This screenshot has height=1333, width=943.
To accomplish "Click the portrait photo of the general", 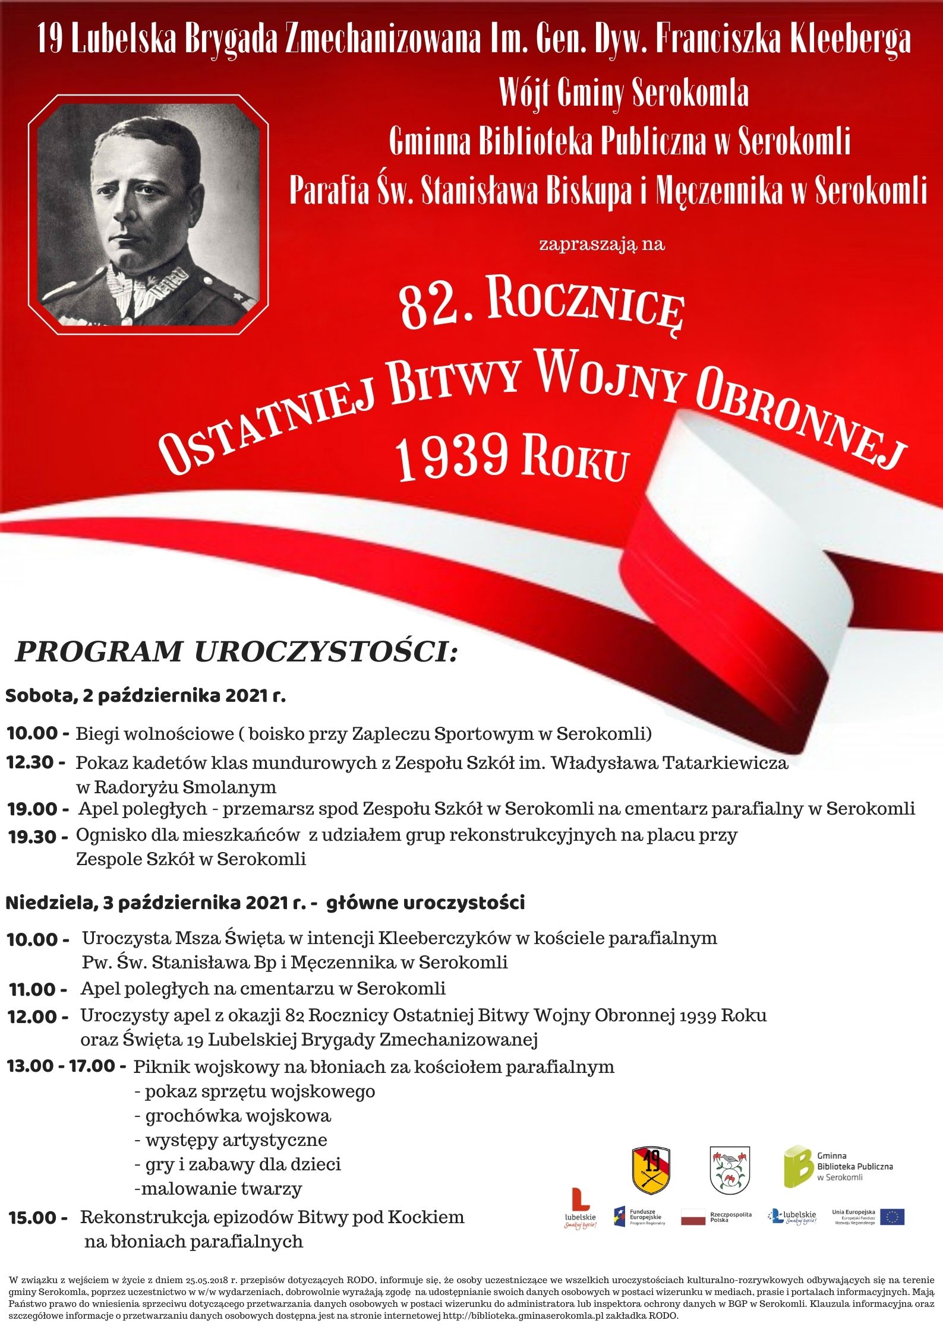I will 148,215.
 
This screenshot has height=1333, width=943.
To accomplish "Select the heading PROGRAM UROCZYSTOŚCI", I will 236,651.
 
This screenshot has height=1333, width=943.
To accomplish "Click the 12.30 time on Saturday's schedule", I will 36,762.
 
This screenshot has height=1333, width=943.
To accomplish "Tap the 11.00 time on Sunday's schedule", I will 38,989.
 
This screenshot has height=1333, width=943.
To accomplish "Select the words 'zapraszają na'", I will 601,244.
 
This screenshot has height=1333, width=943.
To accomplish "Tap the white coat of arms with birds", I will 730,1170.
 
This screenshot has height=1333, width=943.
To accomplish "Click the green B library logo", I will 797,1167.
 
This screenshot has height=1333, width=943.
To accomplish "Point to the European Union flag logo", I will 892,1217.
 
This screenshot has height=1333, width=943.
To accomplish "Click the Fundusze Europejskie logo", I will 639,1217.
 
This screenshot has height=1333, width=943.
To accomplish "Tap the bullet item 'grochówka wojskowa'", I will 237,1116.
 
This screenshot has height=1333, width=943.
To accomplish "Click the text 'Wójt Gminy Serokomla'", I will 623,93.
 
